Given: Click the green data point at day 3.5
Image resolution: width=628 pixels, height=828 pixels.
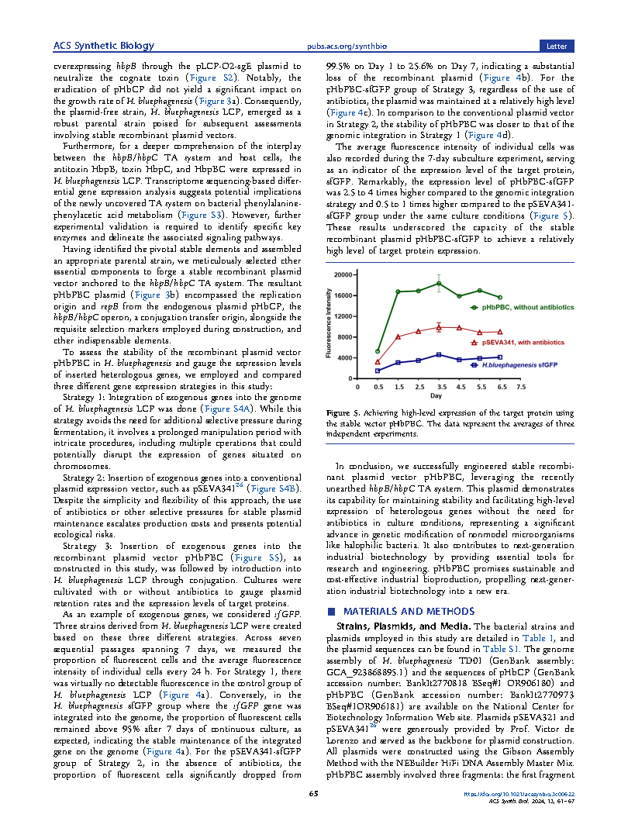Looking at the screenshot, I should tap(439, 284).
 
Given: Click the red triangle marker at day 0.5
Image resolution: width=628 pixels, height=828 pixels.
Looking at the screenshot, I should tap(378, 362).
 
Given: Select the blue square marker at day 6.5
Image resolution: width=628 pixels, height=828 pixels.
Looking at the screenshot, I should tap(500, 357).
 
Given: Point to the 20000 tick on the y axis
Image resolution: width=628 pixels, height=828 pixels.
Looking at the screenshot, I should tap(344, 274).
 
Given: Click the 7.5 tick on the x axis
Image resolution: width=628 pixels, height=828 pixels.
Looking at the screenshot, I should tap(521, 387).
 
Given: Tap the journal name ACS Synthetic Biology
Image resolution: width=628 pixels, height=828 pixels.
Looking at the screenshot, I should tap(103, 46).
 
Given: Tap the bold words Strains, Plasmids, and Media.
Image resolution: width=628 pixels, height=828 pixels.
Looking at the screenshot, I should tap(401, 626).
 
